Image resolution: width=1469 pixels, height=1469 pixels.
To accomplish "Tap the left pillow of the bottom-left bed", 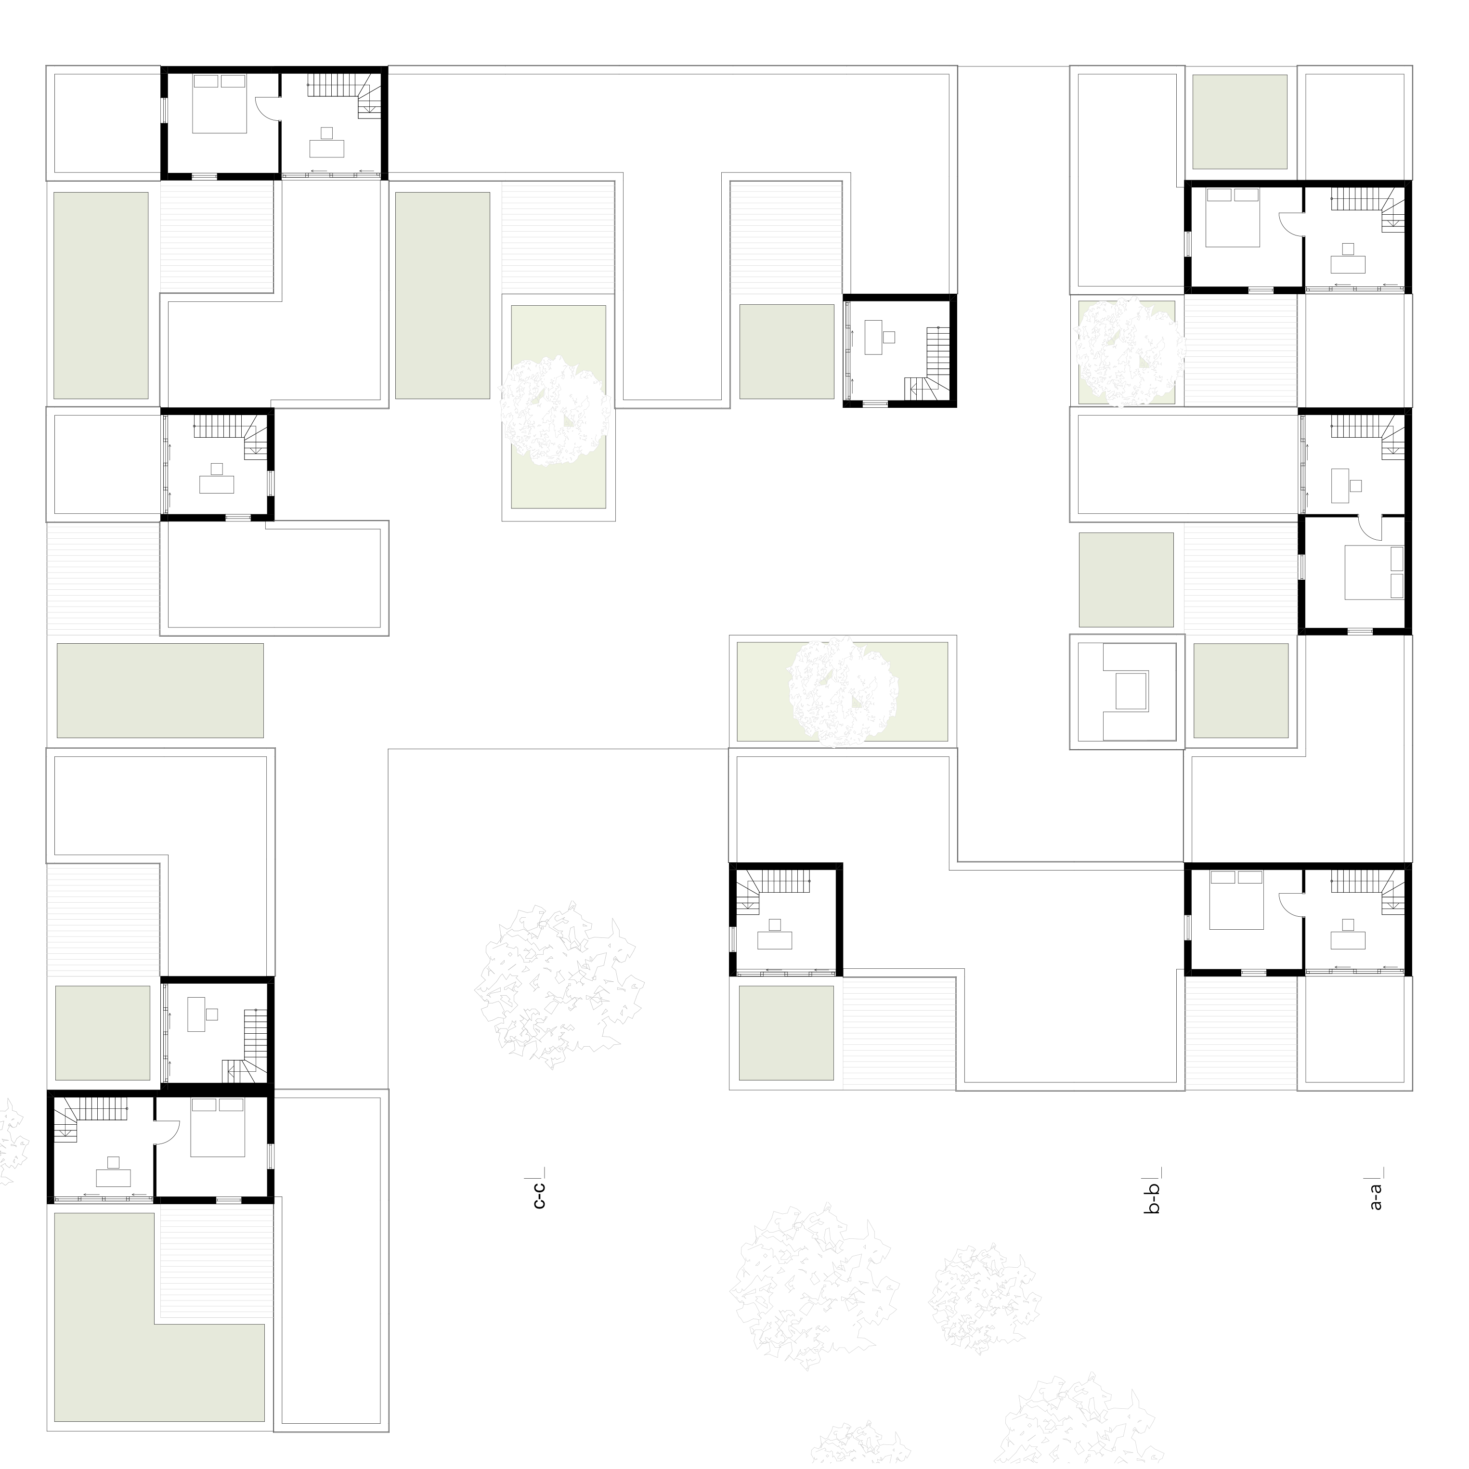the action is (204, 1105).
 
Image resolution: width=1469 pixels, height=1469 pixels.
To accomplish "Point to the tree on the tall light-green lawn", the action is (555, 411).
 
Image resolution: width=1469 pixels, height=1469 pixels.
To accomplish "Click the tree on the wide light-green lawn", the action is (843, 690).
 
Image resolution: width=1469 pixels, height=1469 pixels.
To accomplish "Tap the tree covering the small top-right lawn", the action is (1129, 351).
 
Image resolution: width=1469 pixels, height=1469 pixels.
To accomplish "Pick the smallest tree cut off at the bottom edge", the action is (859, 1444).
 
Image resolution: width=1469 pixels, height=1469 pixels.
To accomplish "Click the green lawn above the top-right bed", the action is (1239, 122).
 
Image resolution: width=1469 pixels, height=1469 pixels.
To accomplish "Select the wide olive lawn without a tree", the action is (160, 690).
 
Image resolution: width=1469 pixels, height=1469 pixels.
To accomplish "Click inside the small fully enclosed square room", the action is (1127, 690).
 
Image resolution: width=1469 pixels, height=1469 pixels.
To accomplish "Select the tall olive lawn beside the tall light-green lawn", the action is (442, 295).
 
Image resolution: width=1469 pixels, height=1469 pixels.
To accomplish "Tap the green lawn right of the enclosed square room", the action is (1240, 690).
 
